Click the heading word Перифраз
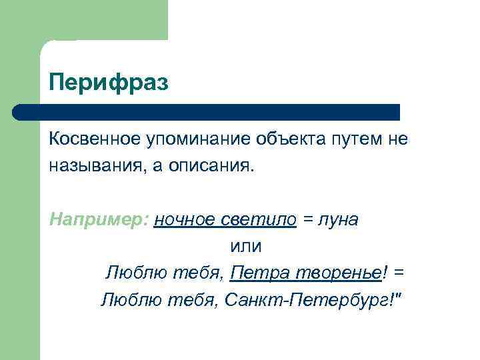tap(109, 83)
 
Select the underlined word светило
tap(260, 221)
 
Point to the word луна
tap(339, 221)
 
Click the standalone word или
tap(246, 246)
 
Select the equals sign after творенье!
tap(399, 273)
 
